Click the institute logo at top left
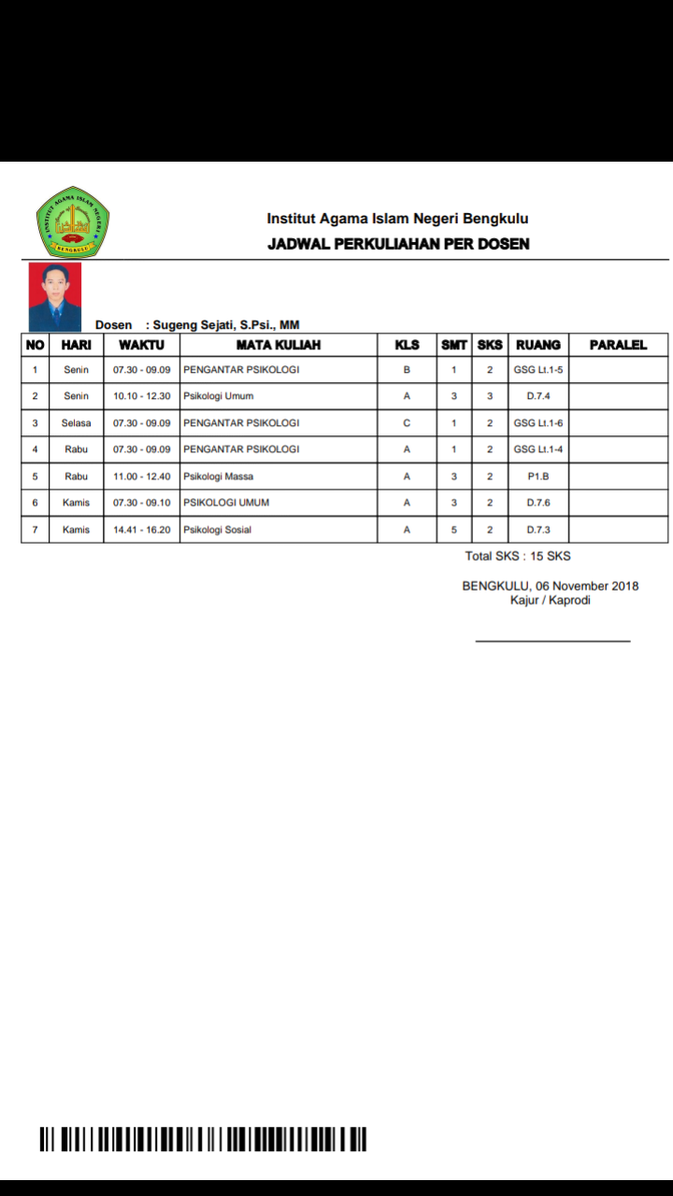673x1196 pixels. pos(73,221)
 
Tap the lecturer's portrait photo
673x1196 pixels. pos(55,296)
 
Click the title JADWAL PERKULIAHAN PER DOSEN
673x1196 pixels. pos(398,244)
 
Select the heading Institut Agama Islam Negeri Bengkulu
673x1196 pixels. pos(397,219)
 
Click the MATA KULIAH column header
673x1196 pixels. pos(279,345)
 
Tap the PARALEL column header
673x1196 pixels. pos(618,345)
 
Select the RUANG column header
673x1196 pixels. pos(537,345)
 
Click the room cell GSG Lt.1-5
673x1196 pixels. pos(537,370)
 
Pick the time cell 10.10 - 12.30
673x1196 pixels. pos(141,396)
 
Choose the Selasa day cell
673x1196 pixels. pos(76,423)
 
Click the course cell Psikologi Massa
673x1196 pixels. pos(219,477)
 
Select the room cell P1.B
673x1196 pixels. pos(537,477)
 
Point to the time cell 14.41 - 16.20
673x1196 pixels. pos(141,530)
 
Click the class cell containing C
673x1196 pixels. pos(407,423)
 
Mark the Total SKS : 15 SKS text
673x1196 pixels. pos(518,556)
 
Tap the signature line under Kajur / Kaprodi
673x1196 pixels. pos(552,641)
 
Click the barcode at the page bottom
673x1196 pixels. pos(203,1139)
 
